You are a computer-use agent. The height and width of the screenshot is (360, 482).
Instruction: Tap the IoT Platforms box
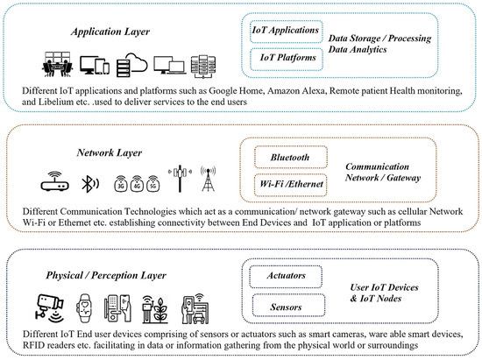coord(283,58)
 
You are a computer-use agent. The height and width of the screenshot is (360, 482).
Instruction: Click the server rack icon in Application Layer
coord(204,64)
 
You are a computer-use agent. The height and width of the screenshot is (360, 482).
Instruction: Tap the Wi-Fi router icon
coord(53,184)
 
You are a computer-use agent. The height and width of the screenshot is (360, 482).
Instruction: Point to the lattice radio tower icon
coord(209,181)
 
